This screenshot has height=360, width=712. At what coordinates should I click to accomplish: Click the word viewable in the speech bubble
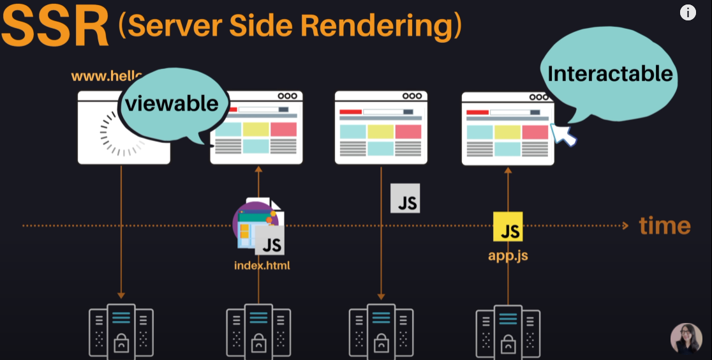click(x=172, y=103)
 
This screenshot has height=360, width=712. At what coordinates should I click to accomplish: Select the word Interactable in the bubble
click(x=610, y=73)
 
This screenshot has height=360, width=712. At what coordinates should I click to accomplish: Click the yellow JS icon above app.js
click(x=508, y=227)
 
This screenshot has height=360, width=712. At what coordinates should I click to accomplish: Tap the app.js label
click(x=508, y=256)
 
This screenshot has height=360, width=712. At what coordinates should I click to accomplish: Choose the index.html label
click(x=262, y=265)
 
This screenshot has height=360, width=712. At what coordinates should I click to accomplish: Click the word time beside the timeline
click(x=665, y=225)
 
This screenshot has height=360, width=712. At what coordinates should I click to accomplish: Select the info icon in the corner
click(x=687, y=13)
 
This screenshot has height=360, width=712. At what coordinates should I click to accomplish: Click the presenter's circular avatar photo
click(x=686, y=338)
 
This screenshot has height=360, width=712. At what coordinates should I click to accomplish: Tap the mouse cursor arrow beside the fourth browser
click(x=562, y=133)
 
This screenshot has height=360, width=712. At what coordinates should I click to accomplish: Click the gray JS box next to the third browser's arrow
click(x=406, y=199)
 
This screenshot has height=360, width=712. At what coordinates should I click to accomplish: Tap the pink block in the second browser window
click(x=283, y=129)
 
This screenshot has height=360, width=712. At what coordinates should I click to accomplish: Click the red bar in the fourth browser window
click(x=477, y=112)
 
